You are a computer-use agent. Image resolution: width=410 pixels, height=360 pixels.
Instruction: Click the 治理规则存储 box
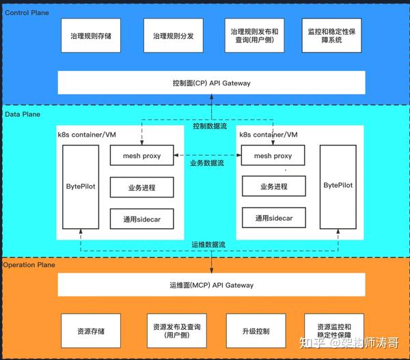tap(91, 36)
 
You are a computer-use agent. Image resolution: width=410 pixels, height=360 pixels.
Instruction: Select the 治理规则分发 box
tap(174, 36)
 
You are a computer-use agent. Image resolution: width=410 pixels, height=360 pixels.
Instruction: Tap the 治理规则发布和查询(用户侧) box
tap(254, 36)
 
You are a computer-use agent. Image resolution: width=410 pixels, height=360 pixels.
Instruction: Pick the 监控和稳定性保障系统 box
tap(331, 36)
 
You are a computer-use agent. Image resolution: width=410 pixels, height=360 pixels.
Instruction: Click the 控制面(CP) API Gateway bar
tap(212, 83)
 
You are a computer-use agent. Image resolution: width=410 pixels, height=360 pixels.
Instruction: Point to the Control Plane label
tap(27, 13)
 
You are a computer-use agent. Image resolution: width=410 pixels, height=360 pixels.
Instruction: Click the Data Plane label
tap(23, 114)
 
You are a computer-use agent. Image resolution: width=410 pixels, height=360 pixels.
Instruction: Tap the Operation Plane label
tap(29, 265)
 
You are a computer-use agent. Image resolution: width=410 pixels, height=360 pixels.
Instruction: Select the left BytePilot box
tap(81, 187)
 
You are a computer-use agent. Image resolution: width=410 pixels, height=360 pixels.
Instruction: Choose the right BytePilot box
tap(338, 187)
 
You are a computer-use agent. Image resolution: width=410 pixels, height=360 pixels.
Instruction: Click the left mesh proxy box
tap(141, 155)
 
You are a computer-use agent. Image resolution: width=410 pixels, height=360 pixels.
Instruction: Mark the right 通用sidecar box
tap(274, 218)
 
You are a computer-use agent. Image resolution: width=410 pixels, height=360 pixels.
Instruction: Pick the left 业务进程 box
tap(141, 187)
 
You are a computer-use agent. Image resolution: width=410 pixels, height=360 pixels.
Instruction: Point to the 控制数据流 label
tap(210, 126)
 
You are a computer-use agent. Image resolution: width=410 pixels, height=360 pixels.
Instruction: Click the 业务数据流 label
tap(207, 163)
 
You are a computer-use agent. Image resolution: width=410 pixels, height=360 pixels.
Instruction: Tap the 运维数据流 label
tap(208, 245)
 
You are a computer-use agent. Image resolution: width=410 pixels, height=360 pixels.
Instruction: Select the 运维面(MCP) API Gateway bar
tap(212, 285)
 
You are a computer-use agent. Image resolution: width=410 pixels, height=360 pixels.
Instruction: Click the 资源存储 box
tap(91, 331)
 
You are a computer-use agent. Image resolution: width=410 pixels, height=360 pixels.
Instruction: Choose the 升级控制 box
tap(256, 331)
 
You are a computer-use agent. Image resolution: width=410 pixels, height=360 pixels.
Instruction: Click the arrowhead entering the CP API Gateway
tap(212, 96)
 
